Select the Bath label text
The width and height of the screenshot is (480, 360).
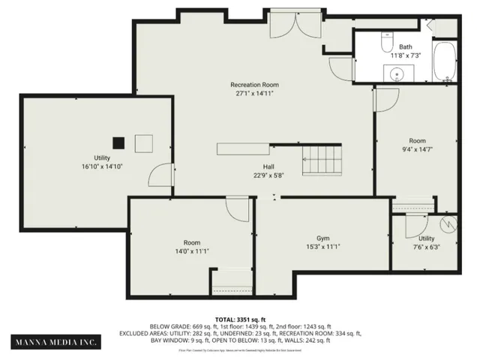pos(405,46)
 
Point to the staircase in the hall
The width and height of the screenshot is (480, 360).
pos(320,160)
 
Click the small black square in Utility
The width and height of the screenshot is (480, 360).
pos(118,141)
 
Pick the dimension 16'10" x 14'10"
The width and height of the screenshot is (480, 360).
pos(103,166)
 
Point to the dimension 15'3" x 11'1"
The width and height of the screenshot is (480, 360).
pos(323,246)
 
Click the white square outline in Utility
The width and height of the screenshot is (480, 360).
pos(142,142)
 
